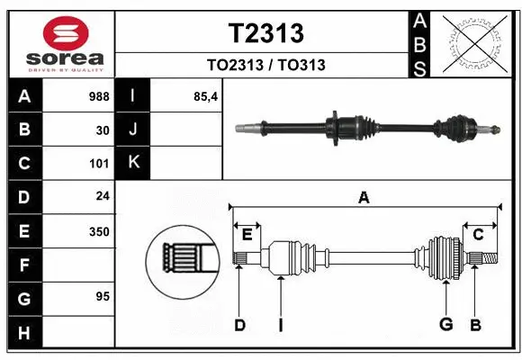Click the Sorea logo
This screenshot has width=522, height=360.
click(x=65, y=44)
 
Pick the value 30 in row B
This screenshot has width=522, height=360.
click(x=103, y=130)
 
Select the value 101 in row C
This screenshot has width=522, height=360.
click(x=99, y=164)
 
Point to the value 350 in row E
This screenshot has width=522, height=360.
click(x=99, y=231)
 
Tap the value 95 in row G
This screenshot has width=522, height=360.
click(x=103, y=296)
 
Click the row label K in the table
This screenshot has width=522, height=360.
click(x=133, y=164)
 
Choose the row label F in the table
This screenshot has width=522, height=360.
click(x=24, y=265)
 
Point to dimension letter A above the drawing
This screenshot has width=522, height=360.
click(x=364, y=198)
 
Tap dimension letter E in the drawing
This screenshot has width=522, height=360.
click(x=247, y=235)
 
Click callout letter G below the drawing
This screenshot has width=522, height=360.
click(x=445, y=325)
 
